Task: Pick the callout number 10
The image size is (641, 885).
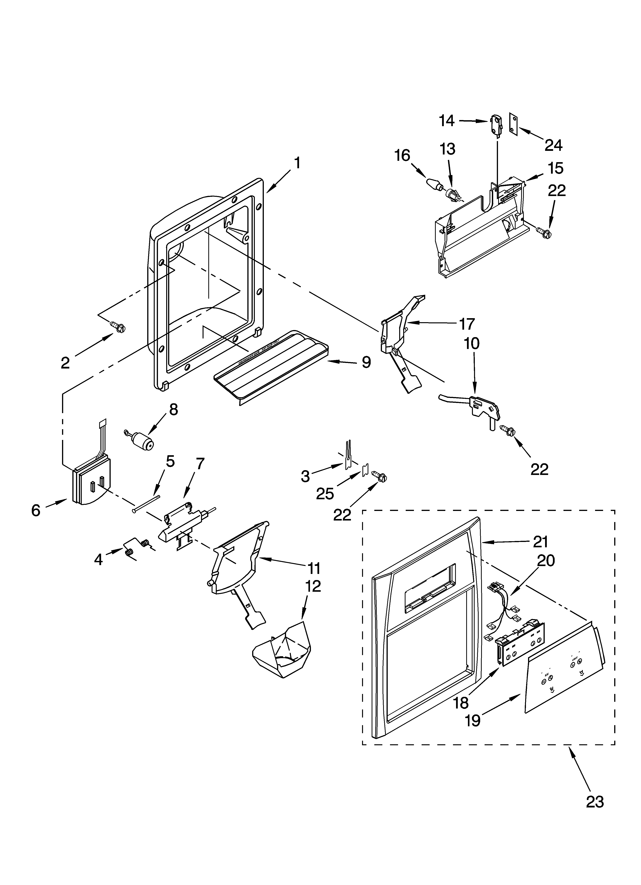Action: pyautogui.click(x=472, y=343)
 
